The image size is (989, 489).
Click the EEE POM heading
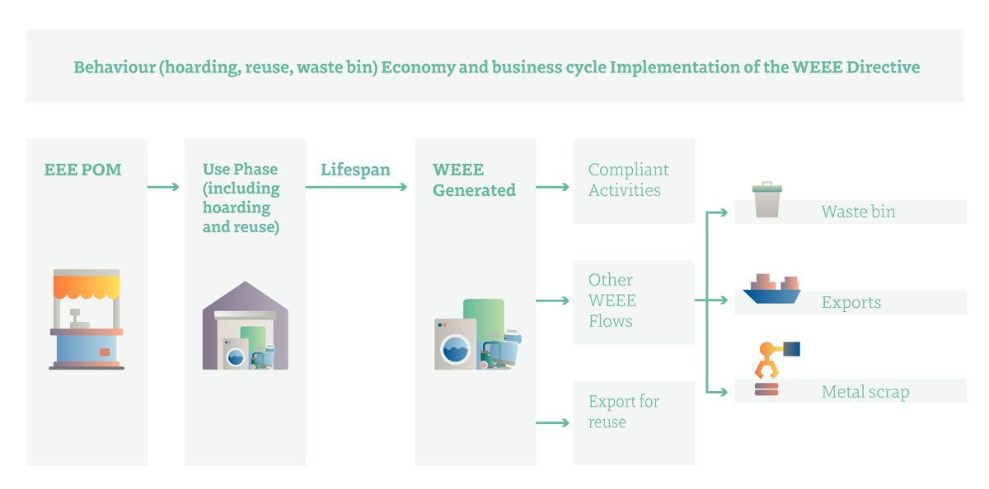pos(82,170)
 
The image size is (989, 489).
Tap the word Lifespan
pos(355,170)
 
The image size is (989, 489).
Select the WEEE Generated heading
pos(474,179)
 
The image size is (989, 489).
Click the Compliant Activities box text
pos(628,179)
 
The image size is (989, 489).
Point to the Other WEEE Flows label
pos(612,300)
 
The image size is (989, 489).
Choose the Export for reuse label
pos(623,412)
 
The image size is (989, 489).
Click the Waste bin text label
pos(858,212)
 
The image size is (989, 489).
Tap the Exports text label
pos(851,302)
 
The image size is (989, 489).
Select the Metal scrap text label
pos(865,392)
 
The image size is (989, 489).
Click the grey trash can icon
pos(766,200)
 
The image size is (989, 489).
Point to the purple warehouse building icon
pos(245,326)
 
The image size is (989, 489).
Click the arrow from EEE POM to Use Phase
pos(163,188)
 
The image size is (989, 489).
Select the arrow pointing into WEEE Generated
pos(356,188)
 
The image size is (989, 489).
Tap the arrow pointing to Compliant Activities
pos(553,188)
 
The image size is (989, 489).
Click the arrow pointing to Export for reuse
pos(553,423)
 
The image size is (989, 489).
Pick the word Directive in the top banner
pos(885,68)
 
